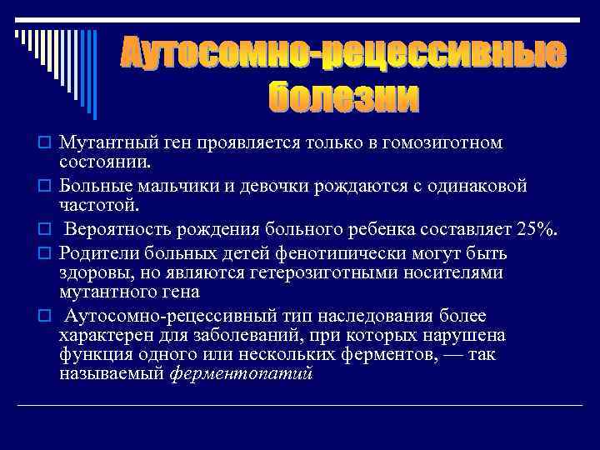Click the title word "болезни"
(343, 98)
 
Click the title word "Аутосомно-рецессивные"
(343, 53)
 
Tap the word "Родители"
(97, 253)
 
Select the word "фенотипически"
(328, 253)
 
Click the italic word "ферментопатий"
(241, 374)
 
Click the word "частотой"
(92, 204)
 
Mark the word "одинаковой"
(474, 186)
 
